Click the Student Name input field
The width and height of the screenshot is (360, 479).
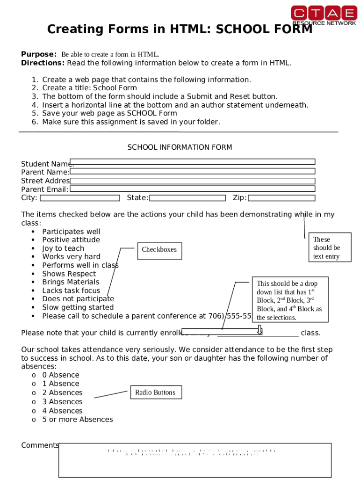192,162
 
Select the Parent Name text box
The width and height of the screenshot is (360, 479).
192,171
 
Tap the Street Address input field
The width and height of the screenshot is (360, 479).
192,181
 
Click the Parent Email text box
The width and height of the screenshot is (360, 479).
192,189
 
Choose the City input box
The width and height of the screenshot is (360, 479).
79,198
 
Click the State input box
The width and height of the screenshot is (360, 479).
187,198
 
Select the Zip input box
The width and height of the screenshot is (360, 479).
281,198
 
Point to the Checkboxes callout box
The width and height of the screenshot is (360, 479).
159,250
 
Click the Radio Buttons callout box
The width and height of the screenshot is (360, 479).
155,392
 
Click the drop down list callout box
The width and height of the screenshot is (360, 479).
289,300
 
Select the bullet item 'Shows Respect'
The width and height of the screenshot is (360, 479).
69,274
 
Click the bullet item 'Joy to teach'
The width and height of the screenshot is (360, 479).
63,248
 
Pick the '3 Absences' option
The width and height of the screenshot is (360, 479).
62,402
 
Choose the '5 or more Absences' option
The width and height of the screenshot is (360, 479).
77,420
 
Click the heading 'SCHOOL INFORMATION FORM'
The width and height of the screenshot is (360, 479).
180,147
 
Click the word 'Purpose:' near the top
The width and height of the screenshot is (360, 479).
39,54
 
